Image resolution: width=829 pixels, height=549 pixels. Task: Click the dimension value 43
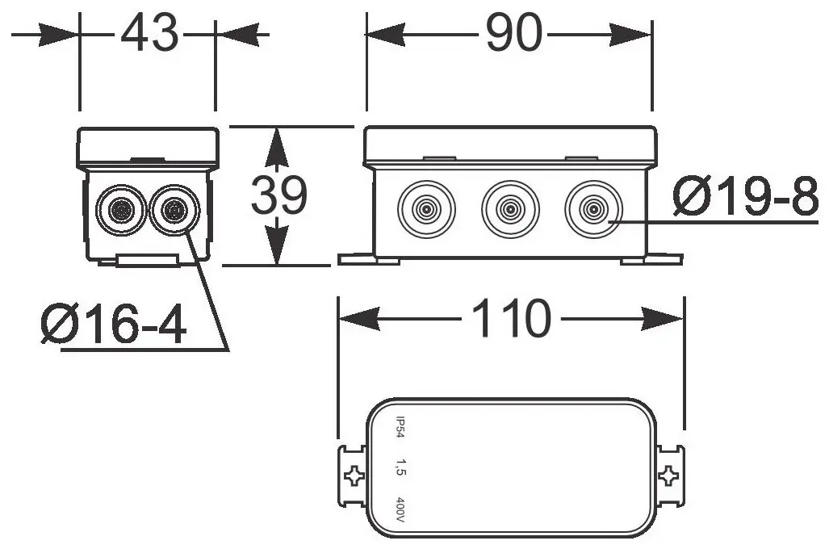click(149, 34)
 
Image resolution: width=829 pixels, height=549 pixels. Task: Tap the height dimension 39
click(278, 195)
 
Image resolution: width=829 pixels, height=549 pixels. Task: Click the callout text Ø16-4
click(114, 325)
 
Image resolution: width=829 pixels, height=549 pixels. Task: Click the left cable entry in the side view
click(121, 211)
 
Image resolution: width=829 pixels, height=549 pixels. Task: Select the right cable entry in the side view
click(173, 211)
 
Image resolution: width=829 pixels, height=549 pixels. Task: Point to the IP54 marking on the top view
click(400, 428)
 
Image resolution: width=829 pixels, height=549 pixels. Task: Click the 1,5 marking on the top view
click(400, 467)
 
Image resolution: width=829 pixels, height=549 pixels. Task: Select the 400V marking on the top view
click(400, 510)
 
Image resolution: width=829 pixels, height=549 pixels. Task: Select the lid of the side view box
click(148, 147)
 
